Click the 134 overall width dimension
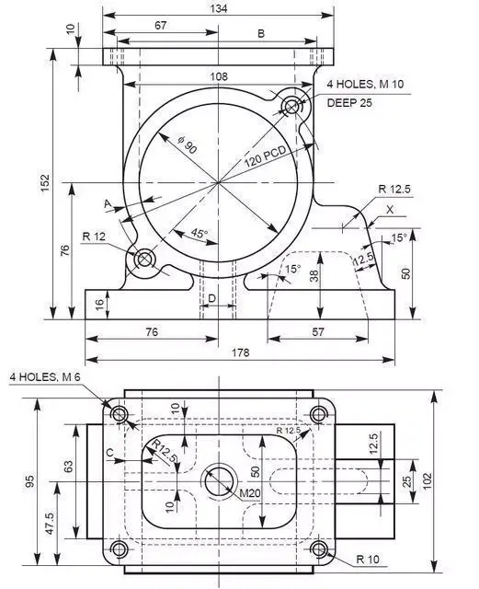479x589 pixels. tap(218, 8)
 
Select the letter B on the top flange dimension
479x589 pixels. tap(260, 34)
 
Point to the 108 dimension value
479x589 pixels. tap(218, 77)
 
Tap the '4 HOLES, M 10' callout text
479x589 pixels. tap(365, 85)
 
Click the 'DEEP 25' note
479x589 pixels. tap(349, 102)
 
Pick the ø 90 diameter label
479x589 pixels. tap(185, 144)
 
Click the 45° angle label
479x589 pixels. tap(198, 234)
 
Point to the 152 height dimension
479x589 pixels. tap(45, 183)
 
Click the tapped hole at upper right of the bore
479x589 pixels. tap(292, 106)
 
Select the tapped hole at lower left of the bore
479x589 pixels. tap(144, 260)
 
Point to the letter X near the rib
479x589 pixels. tap(390, 210)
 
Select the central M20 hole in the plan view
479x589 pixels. tap(219, 479)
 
